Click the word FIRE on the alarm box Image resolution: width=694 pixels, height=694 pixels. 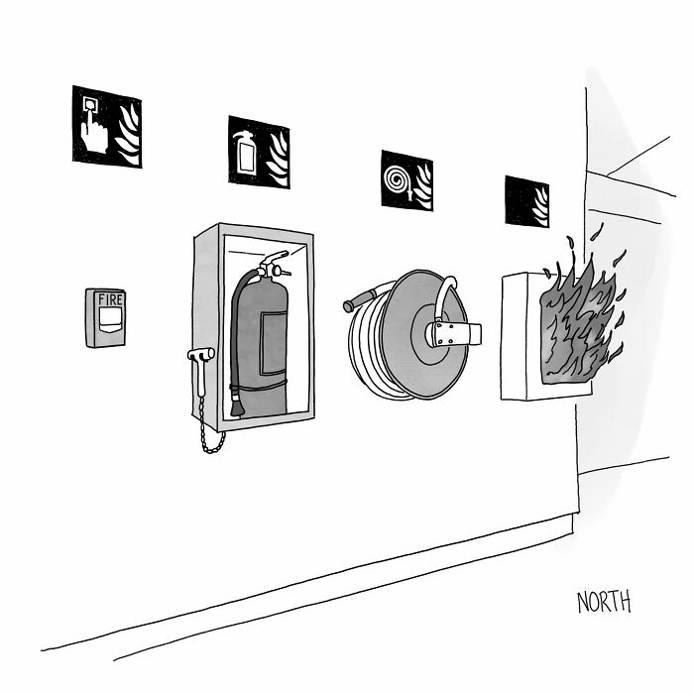[x=105, y=297]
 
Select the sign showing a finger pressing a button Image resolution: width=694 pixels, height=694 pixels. [x=106, y=126]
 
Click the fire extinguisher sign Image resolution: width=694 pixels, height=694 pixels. [x=259, y=152]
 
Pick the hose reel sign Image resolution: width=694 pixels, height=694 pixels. [x=406, y=179]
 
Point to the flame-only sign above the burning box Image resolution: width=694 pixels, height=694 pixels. [x=526, y=201]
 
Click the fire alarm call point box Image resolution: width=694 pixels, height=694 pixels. [x=105, y=317]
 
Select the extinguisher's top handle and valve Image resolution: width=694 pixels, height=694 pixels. [x=272, y=263]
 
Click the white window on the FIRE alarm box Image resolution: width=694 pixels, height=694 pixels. [x=106, y=317]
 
